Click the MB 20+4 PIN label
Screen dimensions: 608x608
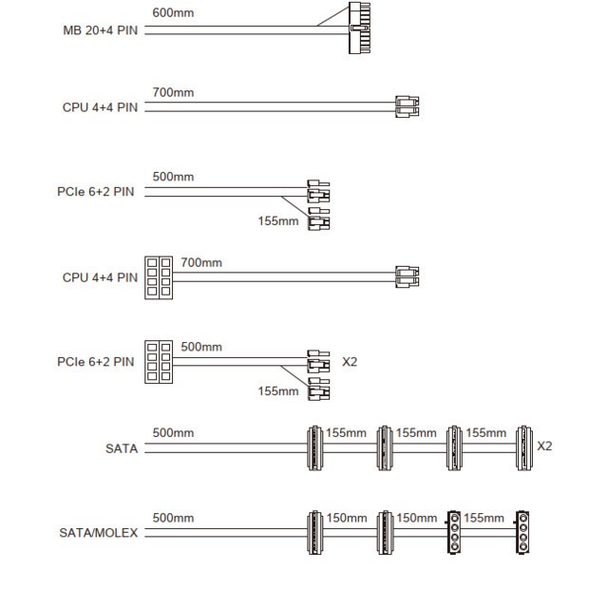pos(100,30)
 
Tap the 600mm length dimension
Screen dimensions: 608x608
pos(173,12)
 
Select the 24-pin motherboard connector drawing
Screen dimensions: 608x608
pos(359,28)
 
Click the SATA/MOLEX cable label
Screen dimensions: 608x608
pos(99,533)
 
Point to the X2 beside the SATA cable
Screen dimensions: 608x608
pos(544,446)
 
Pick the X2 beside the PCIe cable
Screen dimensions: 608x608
pos(350,362)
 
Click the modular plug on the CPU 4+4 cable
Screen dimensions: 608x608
pos(159,277)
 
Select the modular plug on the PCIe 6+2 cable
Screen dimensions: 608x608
pos(159,362)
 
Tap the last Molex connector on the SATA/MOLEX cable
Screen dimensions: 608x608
pos(522,532)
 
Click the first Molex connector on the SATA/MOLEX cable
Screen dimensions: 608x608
pos(454,532)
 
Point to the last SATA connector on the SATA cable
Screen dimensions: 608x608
pos(524,447)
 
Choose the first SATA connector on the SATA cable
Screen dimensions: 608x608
pos(314,447)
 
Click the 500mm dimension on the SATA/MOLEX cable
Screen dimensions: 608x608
pos(173,518)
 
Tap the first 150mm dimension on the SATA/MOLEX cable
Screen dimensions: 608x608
pos(347,518)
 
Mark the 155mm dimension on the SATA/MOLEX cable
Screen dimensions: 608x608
pos(484,518)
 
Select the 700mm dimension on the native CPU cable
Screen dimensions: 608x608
pos(173,93)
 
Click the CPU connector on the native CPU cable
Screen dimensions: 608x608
pos(408,106)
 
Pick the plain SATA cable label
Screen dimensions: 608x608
pos(122,448)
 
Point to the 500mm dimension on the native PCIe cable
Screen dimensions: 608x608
pos(173,177)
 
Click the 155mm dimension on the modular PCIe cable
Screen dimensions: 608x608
pos(278,390)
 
